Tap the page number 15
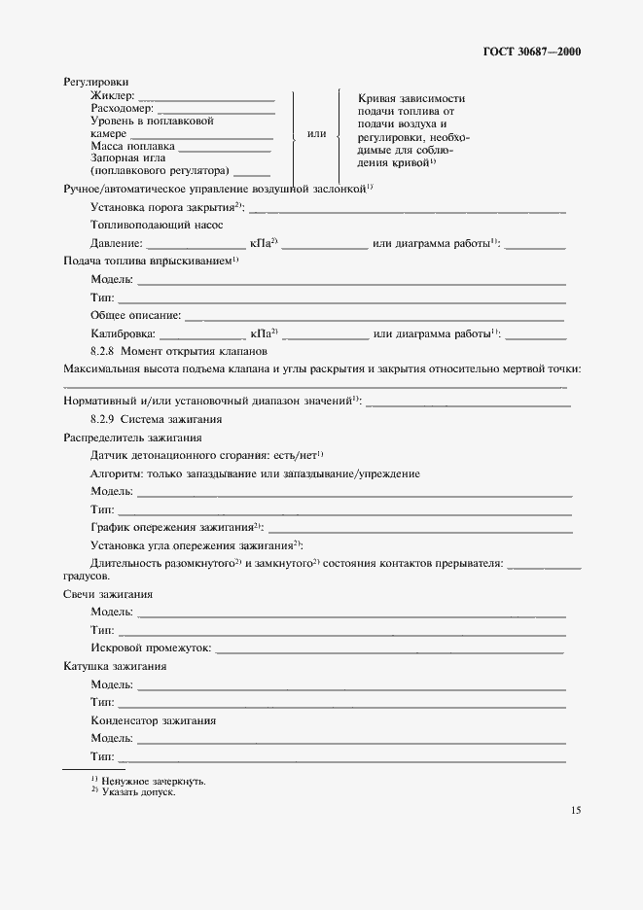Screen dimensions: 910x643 (x=574, y=809)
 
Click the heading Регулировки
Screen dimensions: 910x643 (x=96, y=83)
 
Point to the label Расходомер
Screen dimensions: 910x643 (x=122, y=109)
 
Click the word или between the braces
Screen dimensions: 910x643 (x=316, y=133)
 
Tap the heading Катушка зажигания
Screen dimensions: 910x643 (x=114, y=666)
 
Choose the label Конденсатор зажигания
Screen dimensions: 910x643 (x=153, y=720)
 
